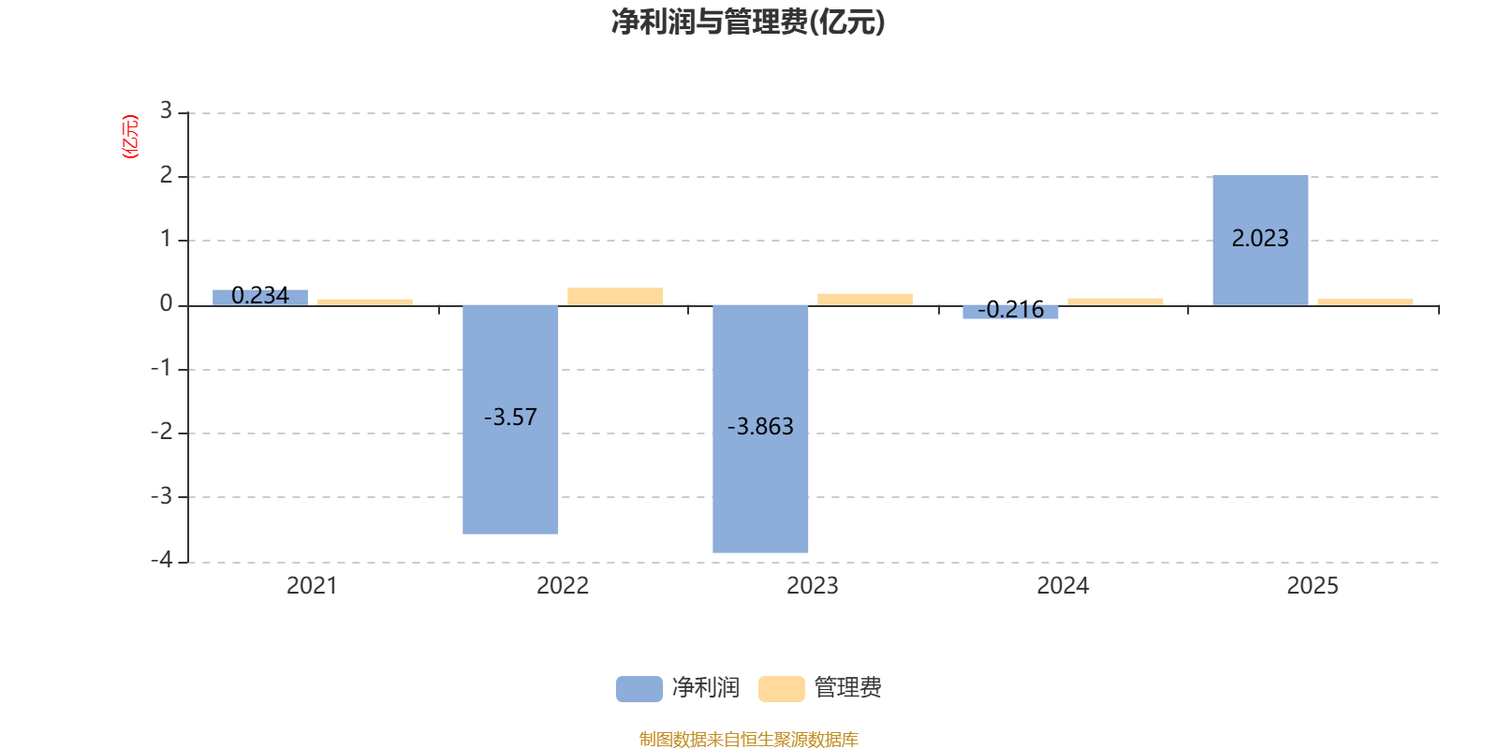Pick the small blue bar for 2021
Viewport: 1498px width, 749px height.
[x=260, y=297]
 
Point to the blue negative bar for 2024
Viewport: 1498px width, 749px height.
[x=1010, y=313]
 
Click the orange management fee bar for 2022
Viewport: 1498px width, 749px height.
[x=615, y=296]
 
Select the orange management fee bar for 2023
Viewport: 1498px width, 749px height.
[x=865, y=299]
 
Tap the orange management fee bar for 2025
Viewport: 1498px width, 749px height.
[x=1365, y=301]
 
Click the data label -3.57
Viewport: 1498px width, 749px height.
[x=510, y=418]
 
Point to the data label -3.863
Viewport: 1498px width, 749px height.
[x=760, y=427]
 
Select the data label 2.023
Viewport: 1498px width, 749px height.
[x=1260, y=239]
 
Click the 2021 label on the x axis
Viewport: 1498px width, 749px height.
[x=312, y=586]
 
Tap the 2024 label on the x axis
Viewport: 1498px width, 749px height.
[x=1063, y=586]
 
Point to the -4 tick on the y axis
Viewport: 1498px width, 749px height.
[x=163, y=560]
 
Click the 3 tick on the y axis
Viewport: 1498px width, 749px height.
[x=166, y=111]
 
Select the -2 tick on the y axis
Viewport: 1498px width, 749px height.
[x=163, y=432]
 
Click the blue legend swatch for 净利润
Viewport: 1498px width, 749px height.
[x=639, y=689]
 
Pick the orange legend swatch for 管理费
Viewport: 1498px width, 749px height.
[x=781, y=689]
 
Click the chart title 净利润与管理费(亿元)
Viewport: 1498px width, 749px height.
[x=748, y=22]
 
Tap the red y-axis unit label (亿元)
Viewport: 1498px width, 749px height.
[x=130, y=137]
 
